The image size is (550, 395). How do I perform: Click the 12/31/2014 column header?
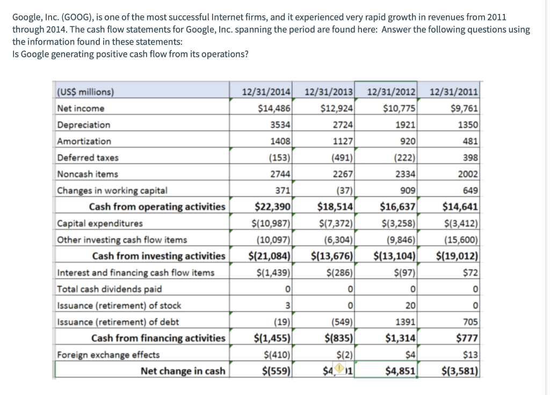266,92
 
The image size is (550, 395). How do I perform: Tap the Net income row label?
81,108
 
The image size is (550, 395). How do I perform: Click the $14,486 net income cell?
274,108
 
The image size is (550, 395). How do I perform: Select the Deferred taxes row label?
88,158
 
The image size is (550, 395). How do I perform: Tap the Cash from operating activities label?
157,207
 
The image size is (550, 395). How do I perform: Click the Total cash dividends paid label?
110,289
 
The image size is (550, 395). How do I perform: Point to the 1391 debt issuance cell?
404,322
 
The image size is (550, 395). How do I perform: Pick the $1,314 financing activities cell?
400,338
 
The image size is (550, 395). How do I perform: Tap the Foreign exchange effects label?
108,355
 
